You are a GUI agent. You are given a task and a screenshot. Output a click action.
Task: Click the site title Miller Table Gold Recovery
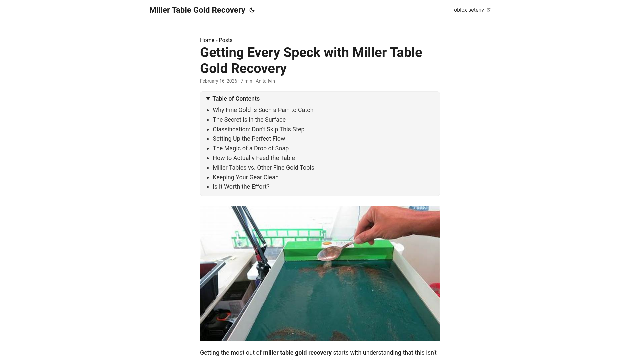(x=197, y=10)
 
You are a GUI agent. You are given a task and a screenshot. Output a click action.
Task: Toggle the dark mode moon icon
(x=252, y=10)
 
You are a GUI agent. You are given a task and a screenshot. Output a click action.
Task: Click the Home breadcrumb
(x=207, y=40)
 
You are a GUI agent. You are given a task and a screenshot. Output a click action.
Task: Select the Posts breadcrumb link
(x=225, y=40)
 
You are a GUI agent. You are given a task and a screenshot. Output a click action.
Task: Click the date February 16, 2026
(x=218, y=81)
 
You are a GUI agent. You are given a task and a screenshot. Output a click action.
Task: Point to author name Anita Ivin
(x=265, y=81)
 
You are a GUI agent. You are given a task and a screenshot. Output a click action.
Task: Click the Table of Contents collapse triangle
(x=208, y=99)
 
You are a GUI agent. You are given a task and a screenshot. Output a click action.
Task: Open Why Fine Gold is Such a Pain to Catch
(x=263, y=110)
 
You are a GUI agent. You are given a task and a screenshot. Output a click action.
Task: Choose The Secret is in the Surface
(x=249, y=120)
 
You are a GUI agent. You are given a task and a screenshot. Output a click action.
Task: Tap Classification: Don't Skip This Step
(x=258, y=129)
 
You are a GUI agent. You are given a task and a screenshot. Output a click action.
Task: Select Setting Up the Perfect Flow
(x=249, y=139)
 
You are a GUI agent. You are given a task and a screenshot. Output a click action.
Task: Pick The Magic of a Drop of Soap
(x=250, y=148)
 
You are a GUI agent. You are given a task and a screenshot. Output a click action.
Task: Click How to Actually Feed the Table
(x=254, y=158)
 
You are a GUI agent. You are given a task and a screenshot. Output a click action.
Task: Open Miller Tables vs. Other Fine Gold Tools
(x=263, y=168)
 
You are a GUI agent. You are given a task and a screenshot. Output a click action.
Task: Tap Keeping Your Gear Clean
(x=245, y=177)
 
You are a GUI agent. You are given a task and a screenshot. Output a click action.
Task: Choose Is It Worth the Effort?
(x=241, y=187)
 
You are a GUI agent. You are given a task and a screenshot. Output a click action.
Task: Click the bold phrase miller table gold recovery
(x=297, y=353)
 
